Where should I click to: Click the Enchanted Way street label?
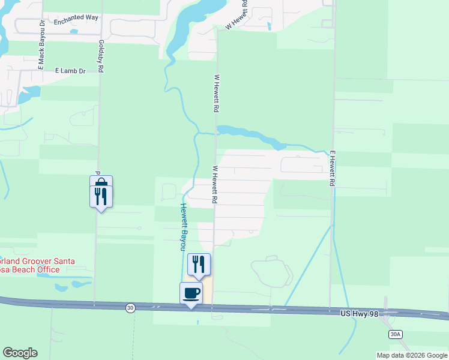76,18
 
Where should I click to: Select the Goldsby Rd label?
101,56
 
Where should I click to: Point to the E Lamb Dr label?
71,71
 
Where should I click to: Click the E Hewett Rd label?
331,169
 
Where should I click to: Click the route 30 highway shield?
130,308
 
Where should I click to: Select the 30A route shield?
394,334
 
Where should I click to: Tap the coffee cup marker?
191,293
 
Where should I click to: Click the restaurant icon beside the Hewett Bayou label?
199,264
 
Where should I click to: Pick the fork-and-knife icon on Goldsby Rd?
101,196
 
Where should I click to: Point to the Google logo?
20,353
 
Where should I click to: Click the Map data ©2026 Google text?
411,355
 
